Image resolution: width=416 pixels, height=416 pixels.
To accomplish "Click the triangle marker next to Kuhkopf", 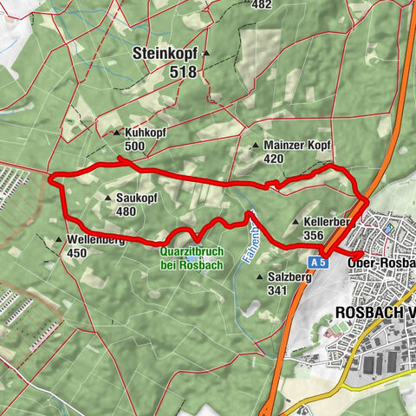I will click(118, 133).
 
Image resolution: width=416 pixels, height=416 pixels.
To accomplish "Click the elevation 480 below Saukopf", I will click(127, 211).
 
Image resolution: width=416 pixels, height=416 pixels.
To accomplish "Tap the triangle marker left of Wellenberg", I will click(59, 240).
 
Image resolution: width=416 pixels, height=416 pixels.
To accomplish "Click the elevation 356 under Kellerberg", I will click(314, 234).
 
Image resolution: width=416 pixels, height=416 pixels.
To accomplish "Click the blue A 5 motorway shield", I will click(320, 260).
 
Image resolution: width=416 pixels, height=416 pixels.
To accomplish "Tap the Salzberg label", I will click(289, 277).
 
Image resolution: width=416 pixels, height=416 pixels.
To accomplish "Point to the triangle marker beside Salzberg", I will click(262, 277).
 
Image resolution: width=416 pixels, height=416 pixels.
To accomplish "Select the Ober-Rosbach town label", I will click(380, 263).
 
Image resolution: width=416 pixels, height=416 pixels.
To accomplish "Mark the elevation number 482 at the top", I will click(261, 4).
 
